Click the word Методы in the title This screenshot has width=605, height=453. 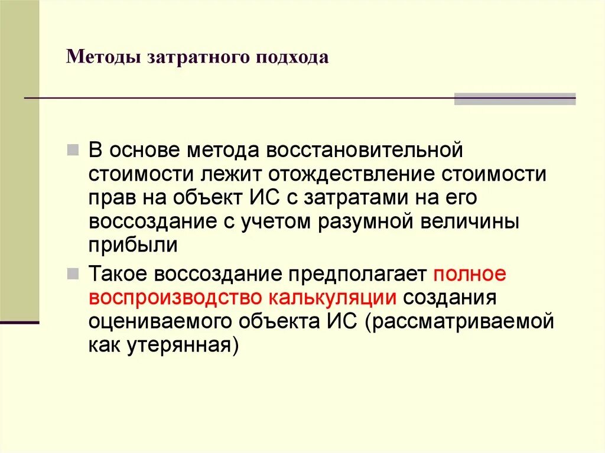102,58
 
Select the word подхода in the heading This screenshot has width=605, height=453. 291,58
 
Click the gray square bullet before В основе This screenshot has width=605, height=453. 73,149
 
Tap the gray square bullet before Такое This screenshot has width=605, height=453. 73,274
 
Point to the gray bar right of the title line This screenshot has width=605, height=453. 515,99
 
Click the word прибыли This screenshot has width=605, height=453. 134,246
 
